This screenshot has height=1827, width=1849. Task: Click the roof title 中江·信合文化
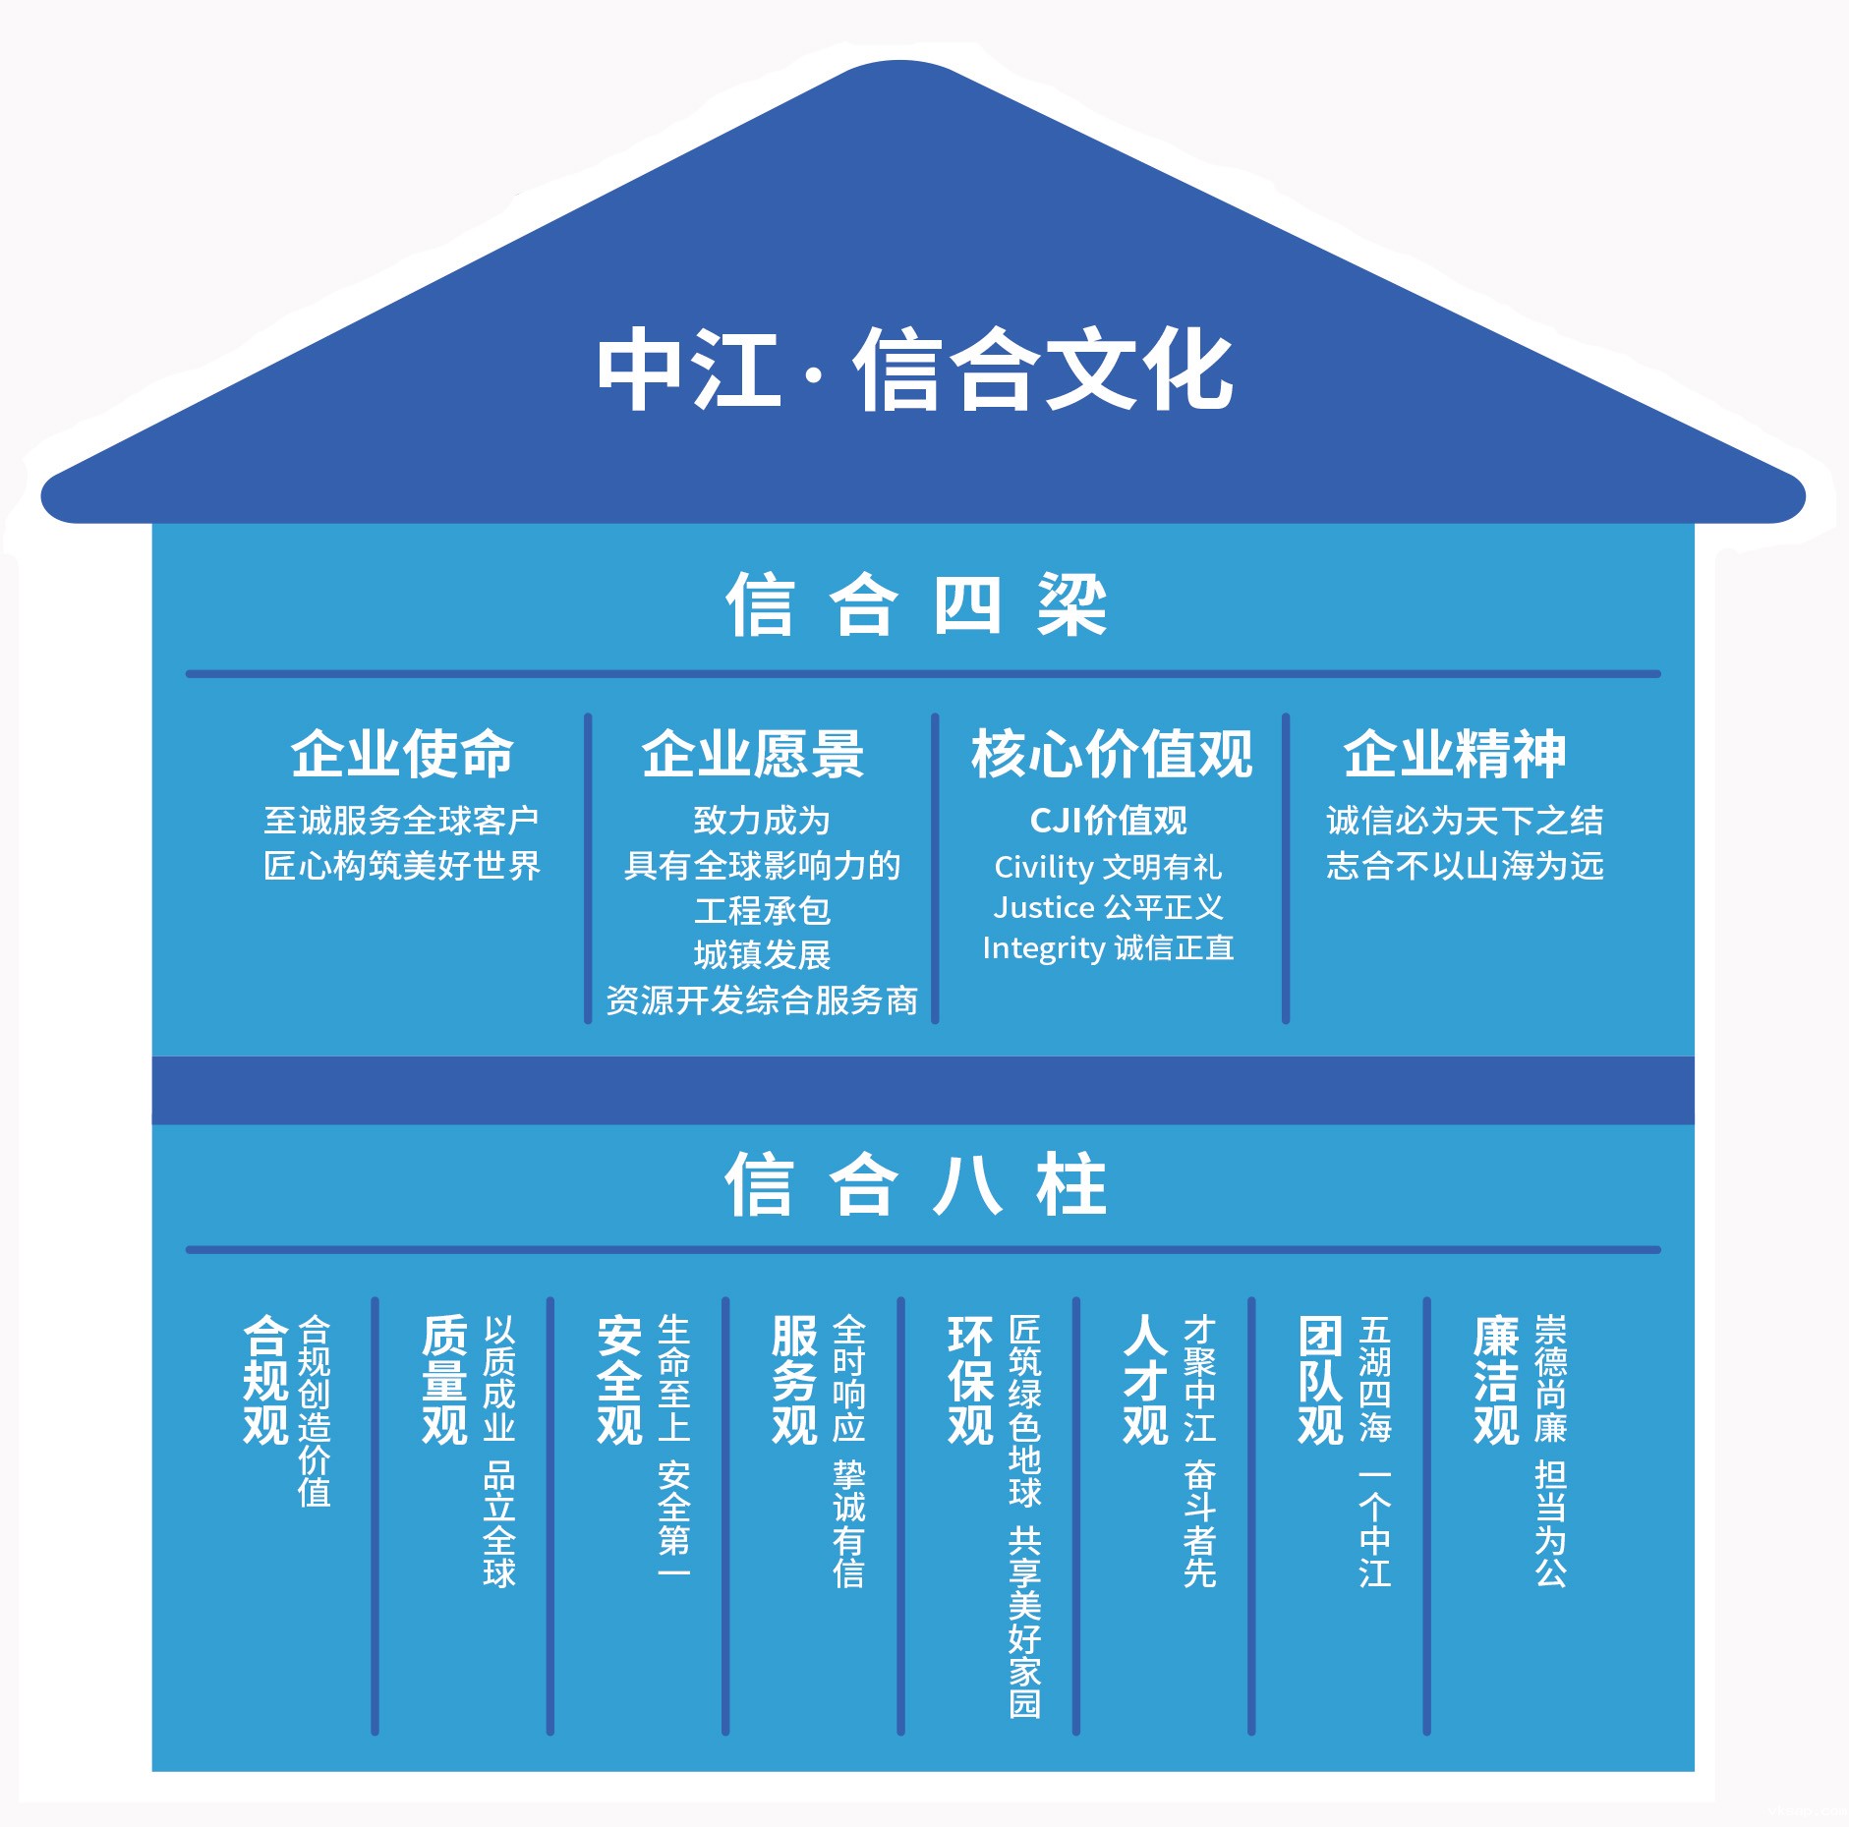click(x=914, y=370)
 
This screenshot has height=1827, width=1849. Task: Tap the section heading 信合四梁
click(x=916, y=604)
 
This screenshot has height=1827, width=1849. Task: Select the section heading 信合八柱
click(x=916, y=1184)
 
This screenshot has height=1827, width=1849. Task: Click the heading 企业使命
click(x=402, y=754)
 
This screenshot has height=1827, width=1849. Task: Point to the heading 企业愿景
click(x=753, y=754)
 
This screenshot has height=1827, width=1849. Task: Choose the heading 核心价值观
click(x=1112, y=754)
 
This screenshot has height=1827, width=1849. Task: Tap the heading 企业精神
click(x=1455, y=754)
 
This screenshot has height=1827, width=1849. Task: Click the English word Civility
click(x=1043, y=867)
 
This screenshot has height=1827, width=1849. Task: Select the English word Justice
click(x=1044, y=907)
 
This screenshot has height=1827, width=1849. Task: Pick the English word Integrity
click(x=1043, y=948)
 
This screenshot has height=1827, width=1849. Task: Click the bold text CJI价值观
click(x=1108, y=821)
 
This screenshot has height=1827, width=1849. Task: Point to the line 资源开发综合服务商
click(x=762, y=1000)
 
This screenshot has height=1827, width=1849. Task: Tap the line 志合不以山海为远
click(x=1465, y=866)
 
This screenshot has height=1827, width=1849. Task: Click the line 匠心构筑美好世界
click(x=402, y=866)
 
